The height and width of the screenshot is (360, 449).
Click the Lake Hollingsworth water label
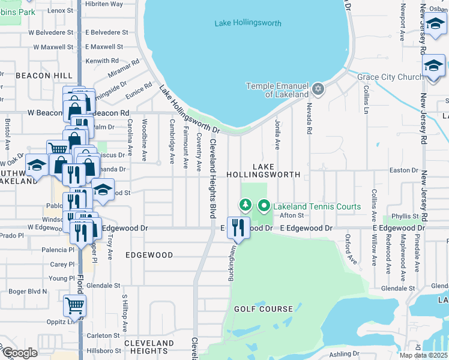247,23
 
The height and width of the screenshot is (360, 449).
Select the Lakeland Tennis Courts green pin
264,206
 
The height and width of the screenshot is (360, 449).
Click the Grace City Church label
390,77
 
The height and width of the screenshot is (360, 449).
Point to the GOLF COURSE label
264,309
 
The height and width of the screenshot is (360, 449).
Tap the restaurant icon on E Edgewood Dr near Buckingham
238,227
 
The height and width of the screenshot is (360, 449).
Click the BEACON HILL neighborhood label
36,76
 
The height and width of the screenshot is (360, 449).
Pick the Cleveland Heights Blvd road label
212,178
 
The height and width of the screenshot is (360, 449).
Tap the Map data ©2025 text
423,355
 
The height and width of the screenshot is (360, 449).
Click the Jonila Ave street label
277,133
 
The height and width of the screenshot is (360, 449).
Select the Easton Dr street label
403,170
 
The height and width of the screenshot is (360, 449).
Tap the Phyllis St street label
404,216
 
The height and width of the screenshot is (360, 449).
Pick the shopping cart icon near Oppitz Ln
74,305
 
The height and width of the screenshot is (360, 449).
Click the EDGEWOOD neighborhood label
149,255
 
